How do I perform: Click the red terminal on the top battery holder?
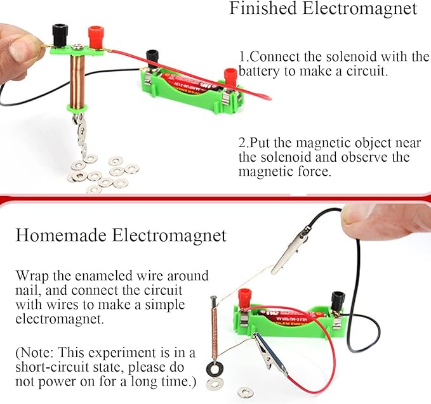(x=230, y=76)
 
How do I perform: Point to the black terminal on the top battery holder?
(x=152, y=58)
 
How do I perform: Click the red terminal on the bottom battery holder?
(x=244, y=297)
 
